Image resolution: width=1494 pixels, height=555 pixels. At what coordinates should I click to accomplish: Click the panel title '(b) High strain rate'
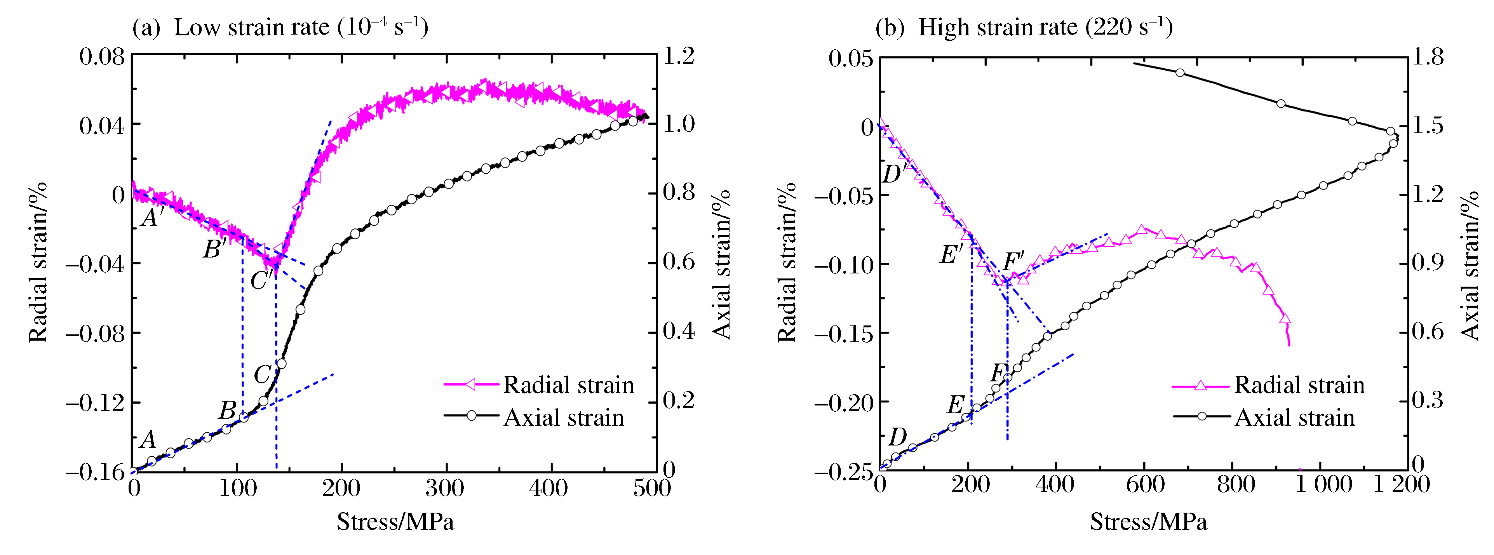click(x=1024, y=27)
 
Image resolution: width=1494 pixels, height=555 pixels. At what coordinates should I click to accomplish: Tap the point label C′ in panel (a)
click(x=261, y=281)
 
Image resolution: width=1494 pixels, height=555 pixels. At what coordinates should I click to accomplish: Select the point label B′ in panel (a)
click(x=214, y=249)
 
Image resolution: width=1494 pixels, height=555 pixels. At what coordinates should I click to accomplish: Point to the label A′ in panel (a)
click(x=152, y=217)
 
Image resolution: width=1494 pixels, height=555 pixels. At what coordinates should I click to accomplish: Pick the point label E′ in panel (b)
click(x=951, y=254)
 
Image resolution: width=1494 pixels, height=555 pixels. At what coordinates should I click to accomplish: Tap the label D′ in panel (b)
click(x=894, y=173)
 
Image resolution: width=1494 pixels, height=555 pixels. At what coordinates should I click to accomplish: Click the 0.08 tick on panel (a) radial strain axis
click(x=102, y=57)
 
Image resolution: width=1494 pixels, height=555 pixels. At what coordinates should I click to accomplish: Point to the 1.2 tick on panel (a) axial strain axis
click(x=679, y=56)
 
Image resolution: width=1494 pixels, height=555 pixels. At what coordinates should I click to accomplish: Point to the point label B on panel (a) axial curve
click(x=227, y=411)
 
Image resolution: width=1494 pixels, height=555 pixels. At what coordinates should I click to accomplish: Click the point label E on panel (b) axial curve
click(x=955, y=404)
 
